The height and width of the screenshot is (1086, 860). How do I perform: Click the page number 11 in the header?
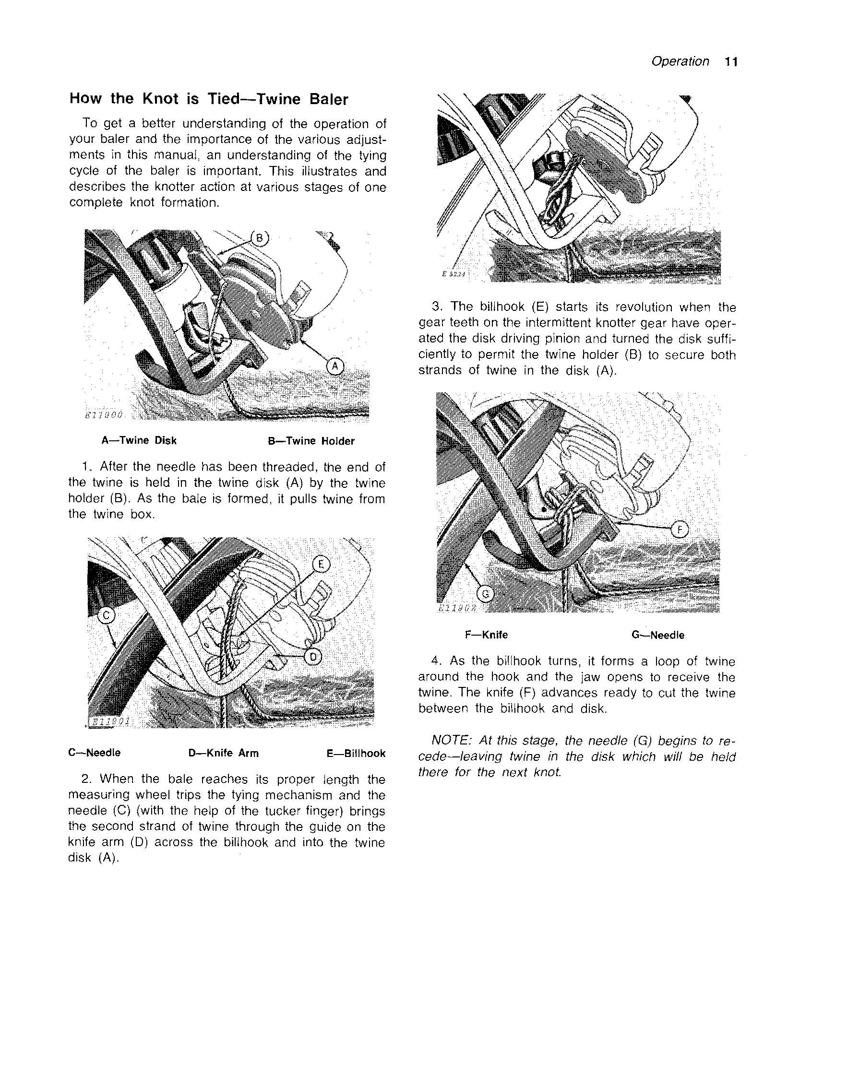pyautogui.click(x=731, y=62)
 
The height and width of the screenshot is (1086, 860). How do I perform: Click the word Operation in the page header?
pyautogui.click(x=680, y=61)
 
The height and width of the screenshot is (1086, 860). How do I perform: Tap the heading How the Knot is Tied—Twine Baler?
pyautogui.click(x=208, y=99)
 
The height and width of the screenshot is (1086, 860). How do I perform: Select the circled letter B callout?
pyautogui.click(x=259, y=238)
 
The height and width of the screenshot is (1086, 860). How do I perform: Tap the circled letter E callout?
pyautogui.click(x=321, y=565)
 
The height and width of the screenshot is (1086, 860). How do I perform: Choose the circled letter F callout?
pyautogui.click(x=680, y=530)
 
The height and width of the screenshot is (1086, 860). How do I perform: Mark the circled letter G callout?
pyautogui.click(x=485, y=594)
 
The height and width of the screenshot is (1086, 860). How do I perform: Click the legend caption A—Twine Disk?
pyautogui.click(x=139, y=441)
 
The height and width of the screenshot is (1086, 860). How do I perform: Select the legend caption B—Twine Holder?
pyautogui.click(x=311, y=441)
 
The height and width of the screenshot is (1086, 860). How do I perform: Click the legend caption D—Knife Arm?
pyautogui.click(x=224, y=754)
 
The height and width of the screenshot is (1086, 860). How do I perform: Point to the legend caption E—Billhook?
pyautogui.click(x=356, y=754)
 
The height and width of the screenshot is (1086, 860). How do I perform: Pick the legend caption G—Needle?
pyautogui.click(x=658, y=635)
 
